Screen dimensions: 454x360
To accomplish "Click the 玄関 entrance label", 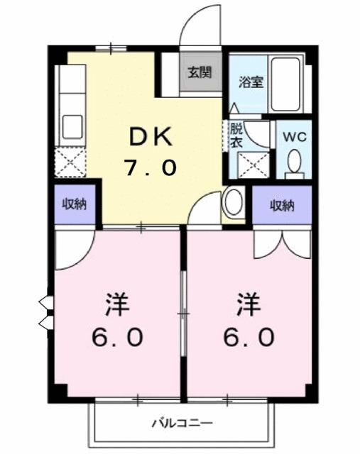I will (x=200, y=72).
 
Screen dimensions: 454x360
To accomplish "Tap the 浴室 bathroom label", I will (x=250, y=81).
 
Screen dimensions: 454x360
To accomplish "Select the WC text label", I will (x=294, y=137).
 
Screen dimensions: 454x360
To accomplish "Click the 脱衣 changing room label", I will (x=236, y=135).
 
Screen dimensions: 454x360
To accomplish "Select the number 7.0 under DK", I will (x=150, y=168).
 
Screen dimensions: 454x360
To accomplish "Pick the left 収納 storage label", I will (x=73, y=205).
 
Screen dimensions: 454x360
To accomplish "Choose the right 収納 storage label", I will (x=282, y=206).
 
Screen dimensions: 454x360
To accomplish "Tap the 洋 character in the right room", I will (x=248, y=306).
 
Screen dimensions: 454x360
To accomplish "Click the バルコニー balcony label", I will (x=182, y=423).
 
